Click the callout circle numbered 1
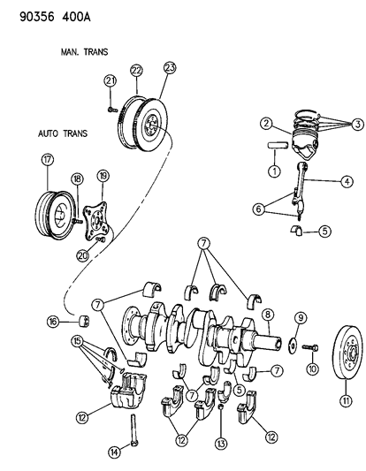[x=274, y=171]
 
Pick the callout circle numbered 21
[x=111, y=82]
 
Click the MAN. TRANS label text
[x=86, y=51]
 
